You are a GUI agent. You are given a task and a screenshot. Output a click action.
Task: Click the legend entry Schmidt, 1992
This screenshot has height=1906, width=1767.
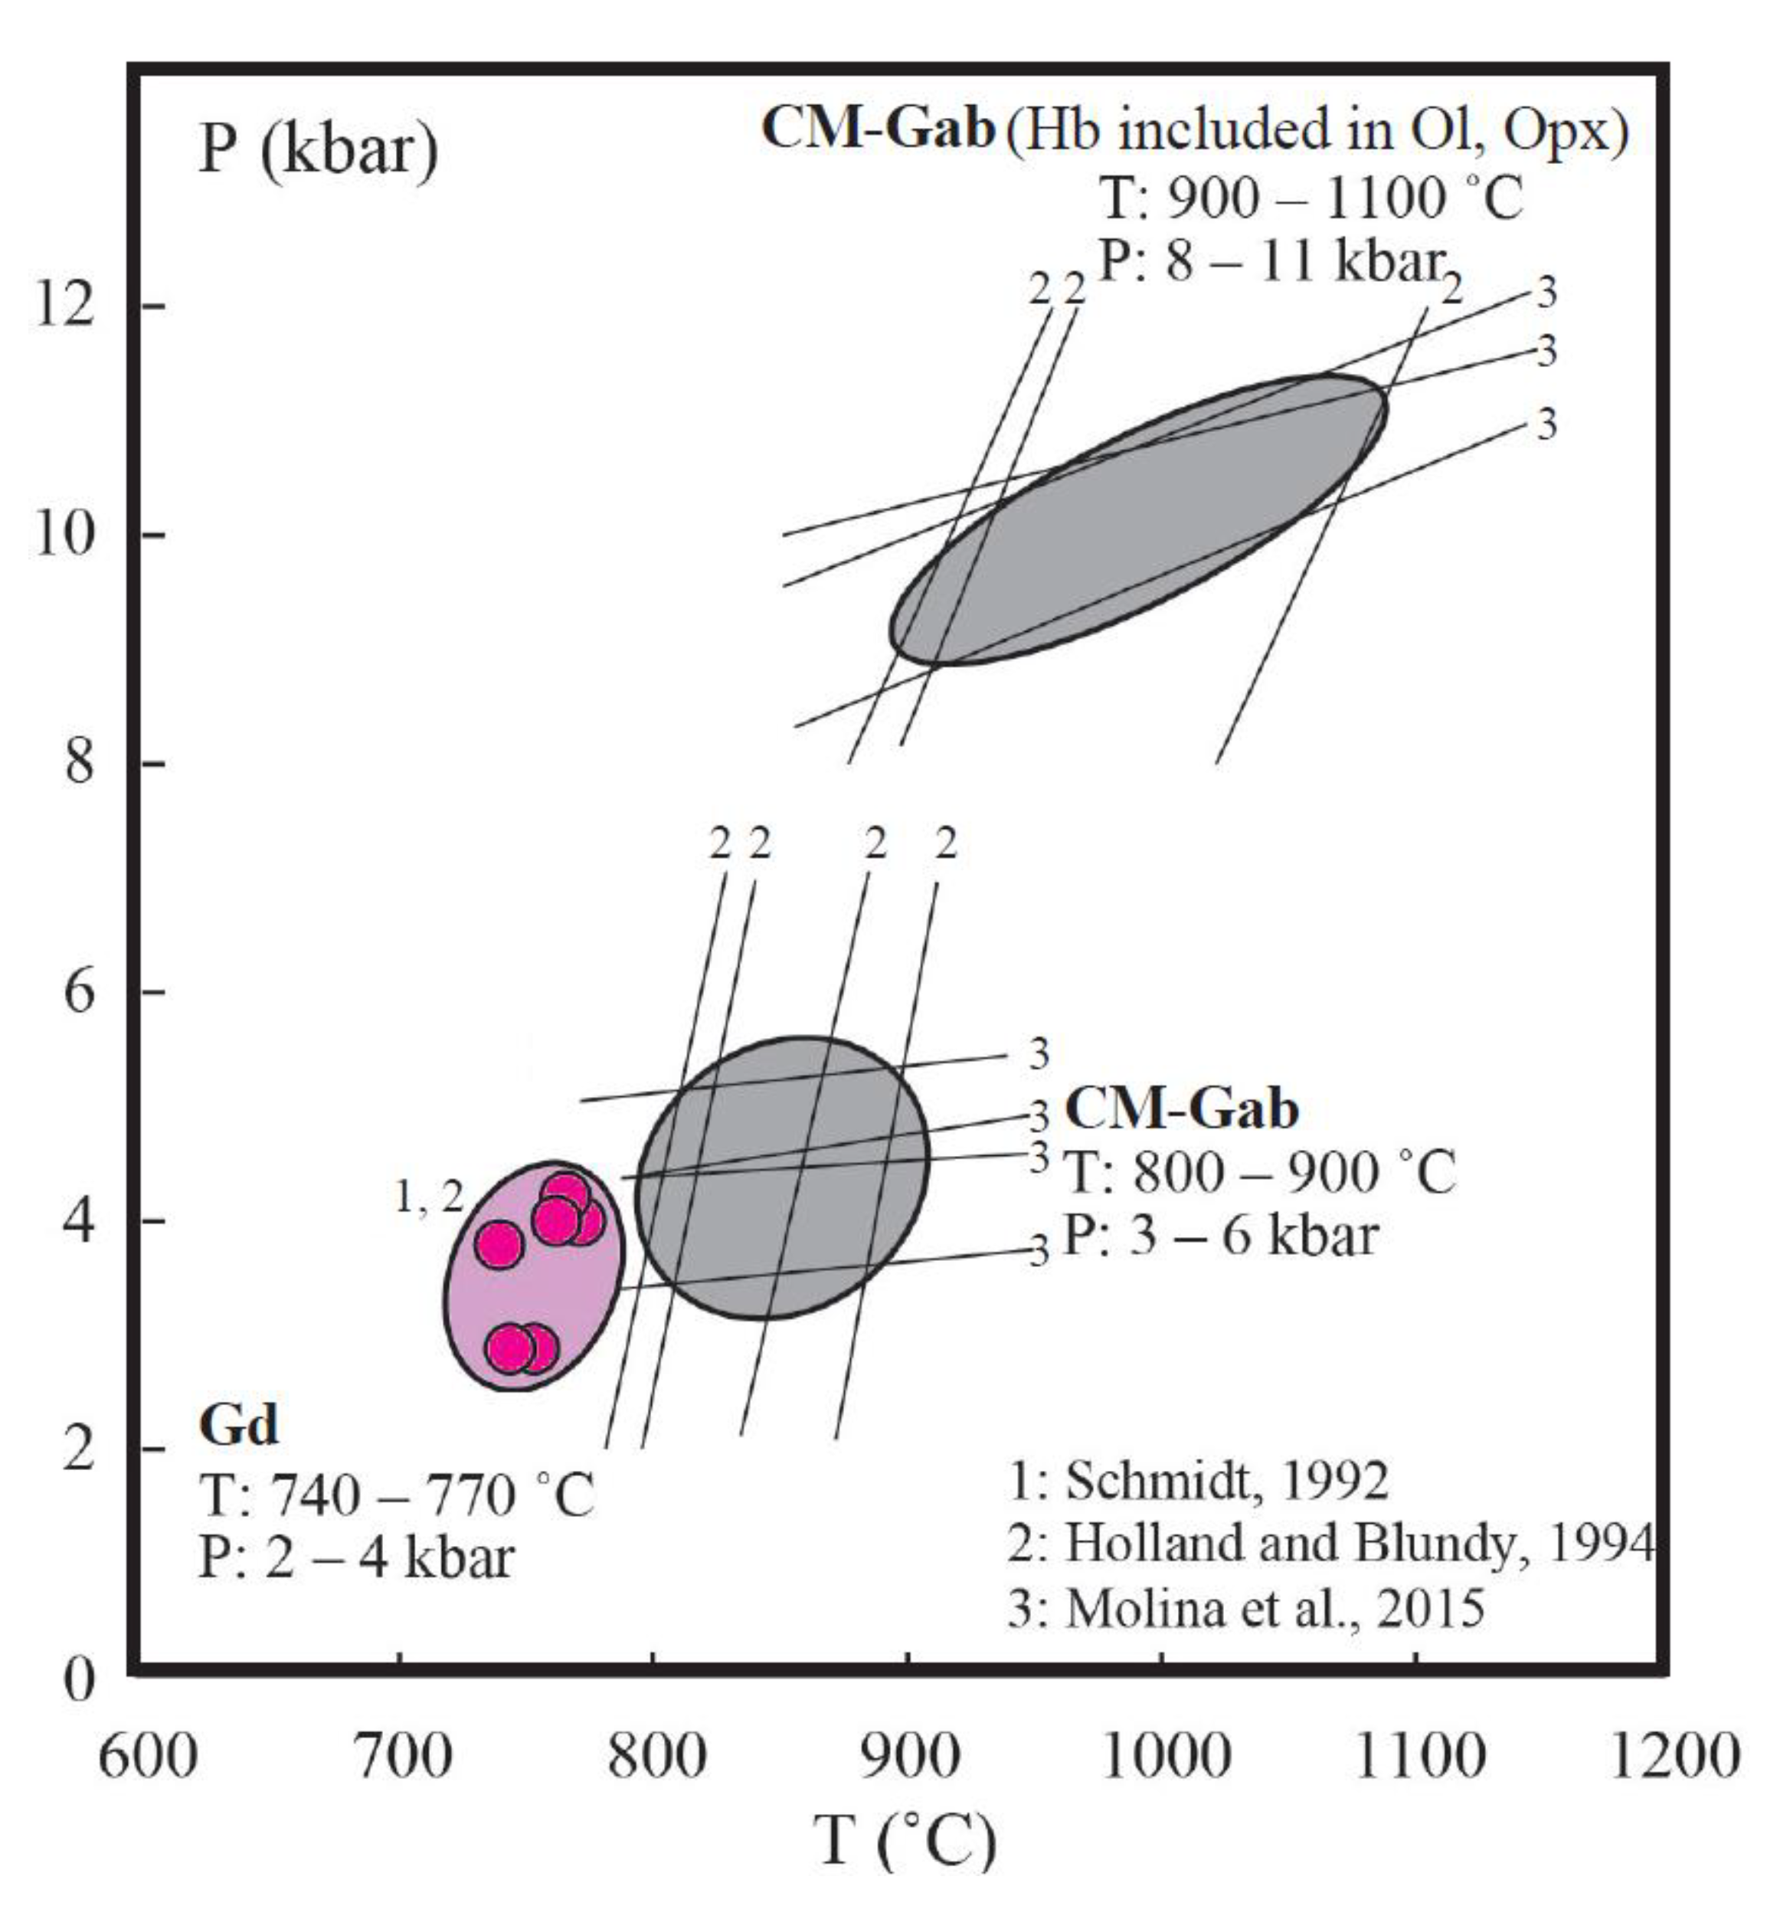coord(1198,1479)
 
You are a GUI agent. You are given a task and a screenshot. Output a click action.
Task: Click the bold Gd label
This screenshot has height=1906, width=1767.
coord(238,1424)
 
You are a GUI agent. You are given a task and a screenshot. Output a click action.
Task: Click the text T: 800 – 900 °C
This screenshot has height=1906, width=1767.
coord(1260,1171)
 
